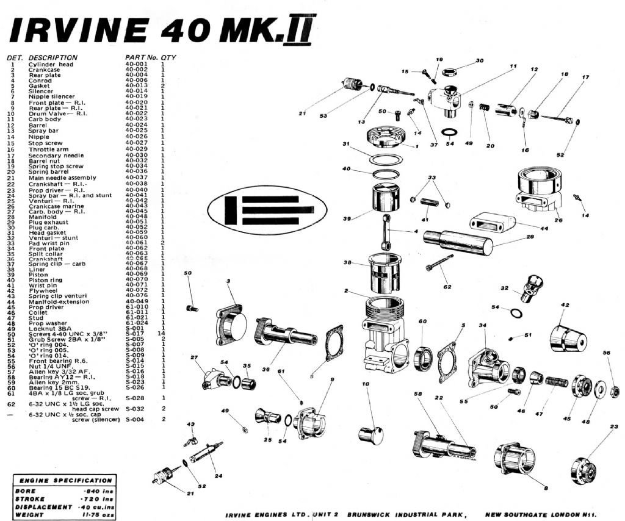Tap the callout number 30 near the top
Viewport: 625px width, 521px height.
point(479,61)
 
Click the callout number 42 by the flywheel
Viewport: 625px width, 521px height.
point(565,305)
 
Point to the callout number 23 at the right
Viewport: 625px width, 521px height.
point(613,427)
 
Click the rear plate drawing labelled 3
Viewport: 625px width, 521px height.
point(230,324)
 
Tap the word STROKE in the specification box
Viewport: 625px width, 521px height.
point(30,498)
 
